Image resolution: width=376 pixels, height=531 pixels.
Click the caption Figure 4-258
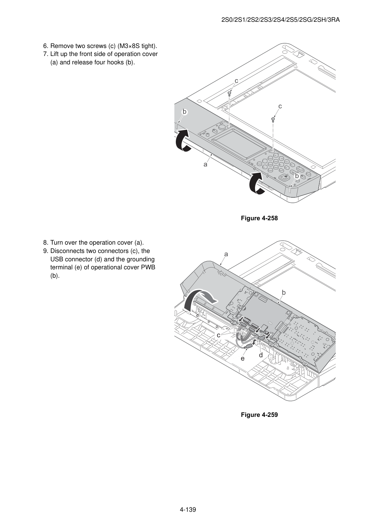(x=259, y=218)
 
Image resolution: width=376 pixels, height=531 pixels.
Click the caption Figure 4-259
(x=259, y=415)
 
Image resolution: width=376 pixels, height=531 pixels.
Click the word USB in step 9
(x=57, y=259)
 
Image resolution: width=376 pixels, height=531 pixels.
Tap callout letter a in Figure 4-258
(x=205, y=164)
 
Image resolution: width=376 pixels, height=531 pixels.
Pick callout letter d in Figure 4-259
(x=261, y=355)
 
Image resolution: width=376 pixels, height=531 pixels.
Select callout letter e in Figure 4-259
(x=243, y=358)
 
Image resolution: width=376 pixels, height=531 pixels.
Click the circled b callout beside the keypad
(x=297, y=176)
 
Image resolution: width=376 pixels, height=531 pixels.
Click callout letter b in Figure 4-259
(x=284, y=293)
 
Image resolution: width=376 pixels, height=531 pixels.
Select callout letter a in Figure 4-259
(x=226, y=254)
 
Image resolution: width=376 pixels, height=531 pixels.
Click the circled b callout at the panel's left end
(x=184, y=112)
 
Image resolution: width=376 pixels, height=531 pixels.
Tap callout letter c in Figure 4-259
(x=219, y=335)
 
